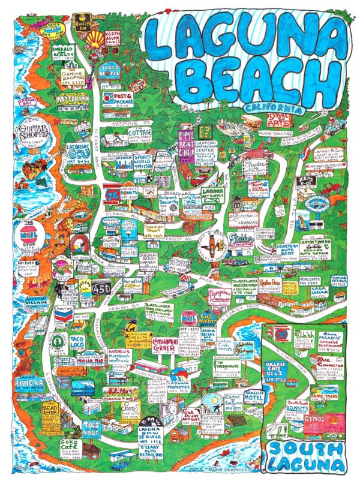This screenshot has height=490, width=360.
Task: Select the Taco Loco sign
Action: click(x=77, y=342)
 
